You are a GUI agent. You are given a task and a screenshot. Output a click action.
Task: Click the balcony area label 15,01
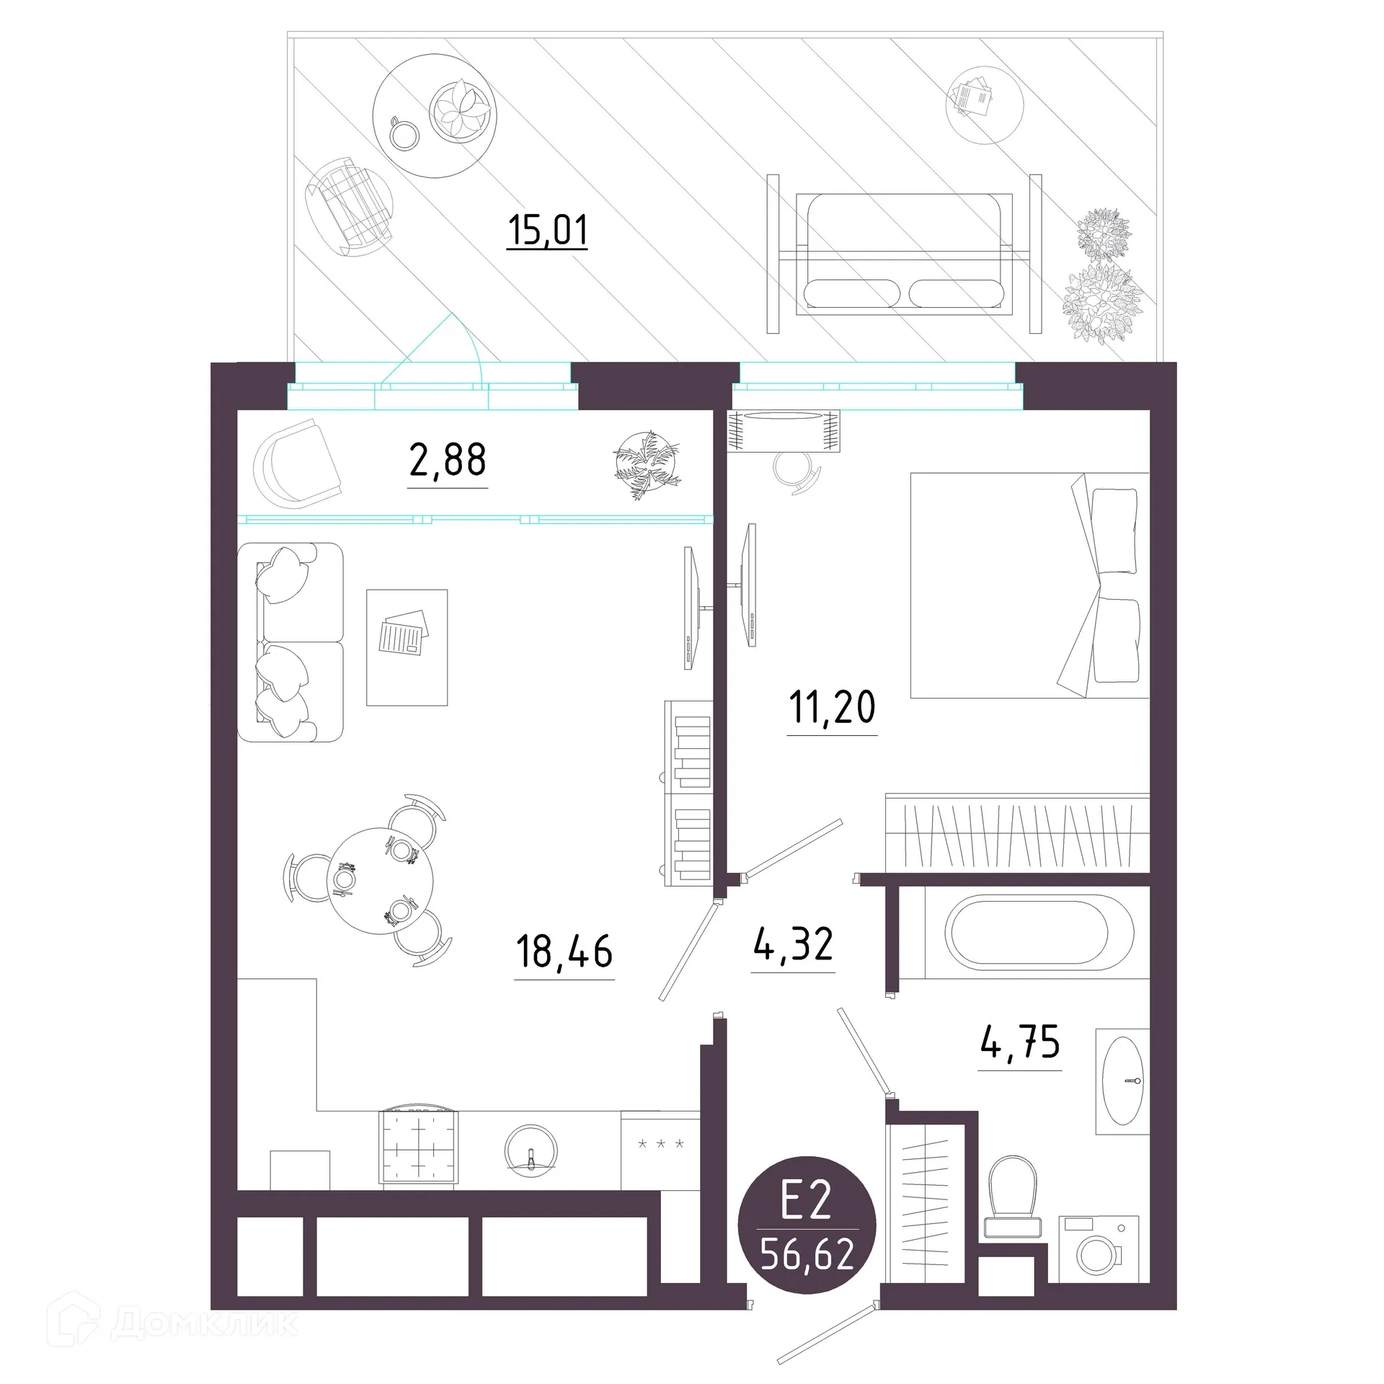547,231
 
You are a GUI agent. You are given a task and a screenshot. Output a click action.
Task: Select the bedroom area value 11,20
832,707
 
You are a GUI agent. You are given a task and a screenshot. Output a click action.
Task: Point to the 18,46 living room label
564,951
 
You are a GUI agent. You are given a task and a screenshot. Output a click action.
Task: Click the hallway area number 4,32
793,944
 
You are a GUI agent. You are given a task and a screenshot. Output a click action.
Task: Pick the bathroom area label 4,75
1020,1042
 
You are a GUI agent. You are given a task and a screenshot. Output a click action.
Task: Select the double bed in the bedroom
1029,585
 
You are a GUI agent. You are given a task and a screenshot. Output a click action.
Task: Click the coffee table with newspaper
407,647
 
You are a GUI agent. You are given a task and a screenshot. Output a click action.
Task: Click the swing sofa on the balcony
904,254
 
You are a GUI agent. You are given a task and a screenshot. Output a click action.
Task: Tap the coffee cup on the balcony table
404,133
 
